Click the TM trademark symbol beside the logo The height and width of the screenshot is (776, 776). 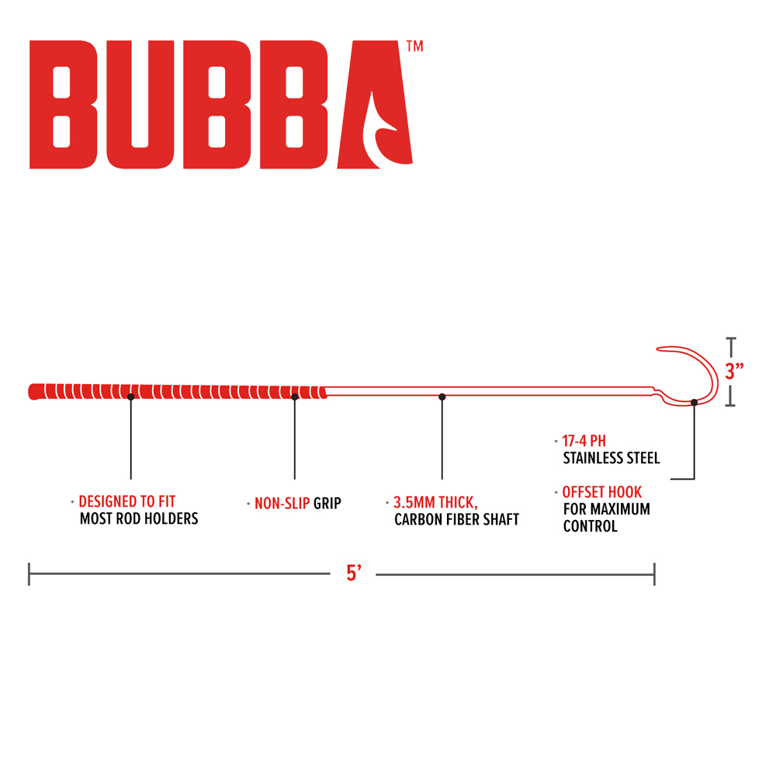(x=414, y=46)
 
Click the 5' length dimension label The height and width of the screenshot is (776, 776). (x=354, y=573)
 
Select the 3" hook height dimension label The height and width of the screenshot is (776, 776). (x=734, y=371)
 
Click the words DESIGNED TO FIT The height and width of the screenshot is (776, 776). (x=127, y=501)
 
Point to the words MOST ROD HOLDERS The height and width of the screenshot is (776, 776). (x=139, y=518)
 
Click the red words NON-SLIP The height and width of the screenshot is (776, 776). (x=282, y=504)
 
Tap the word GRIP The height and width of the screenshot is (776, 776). (x=327, y=504)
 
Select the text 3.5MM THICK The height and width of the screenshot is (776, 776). (x=435, y=502)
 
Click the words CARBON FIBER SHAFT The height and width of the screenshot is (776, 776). (x=457, y=520)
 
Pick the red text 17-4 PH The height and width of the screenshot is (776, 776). (x=584, y=441)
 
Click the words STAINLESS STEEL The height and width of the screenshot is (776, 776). (x=611, y=459)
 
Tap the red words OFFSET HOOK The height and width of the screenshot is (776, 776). (x=602, y=492)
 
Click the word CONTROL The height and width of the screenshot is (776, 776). (x=591, y=526)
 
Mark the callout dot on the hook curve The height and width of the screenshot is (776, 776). (x=695, y=402)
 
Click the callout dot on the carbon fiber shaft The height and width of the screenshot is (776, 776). (x=442, y=397)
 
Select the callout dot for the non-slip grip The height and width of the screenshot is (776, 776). (x=294, y=397)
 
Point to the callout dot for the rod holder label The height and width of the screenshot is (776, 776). (x=130, y=397)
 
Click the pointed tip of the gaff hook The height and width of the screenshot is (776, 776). (x=658, y=349)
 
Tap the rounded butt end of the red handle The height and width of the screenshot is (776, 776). (x=31, y=391)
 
